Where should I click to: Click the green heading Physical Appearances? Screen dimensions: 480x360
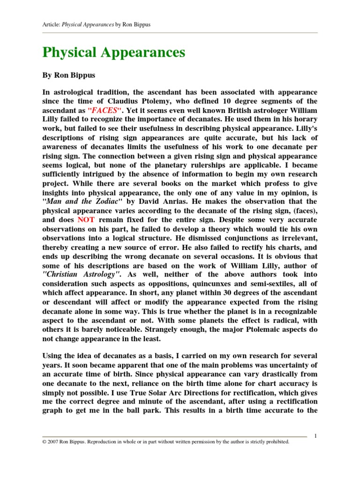click(113, 52)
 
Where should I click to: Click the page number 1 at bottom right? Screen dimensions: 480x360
click(316, 436)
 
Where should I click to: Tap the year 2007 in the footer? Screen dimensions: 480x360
click(55, 442)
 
